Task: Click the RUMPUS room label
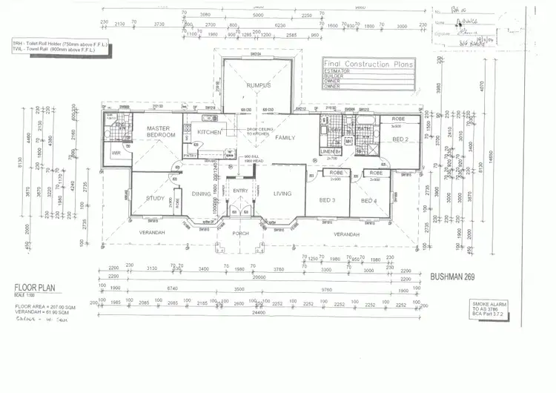click(259, 85)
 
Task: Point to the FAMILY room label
click(285, 138)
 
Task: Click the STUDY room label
click(155, 198)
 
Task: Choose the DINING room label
click(201, 194)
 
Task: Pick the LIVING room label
click(282, 194)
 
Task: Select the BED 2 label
click(400, 139)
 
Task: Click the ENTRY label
click(240, 191)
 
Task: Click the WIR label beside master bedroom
click(116, 154)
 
